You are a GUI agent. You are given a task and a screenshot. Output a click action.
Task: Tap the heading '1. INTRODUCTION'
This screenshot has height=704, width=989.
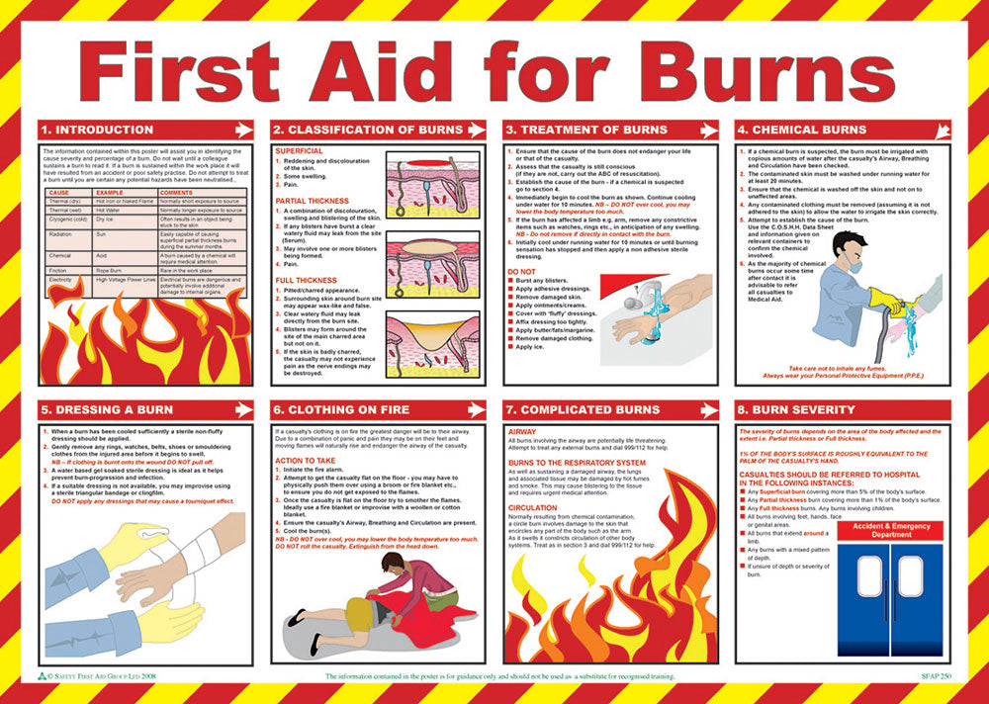97,130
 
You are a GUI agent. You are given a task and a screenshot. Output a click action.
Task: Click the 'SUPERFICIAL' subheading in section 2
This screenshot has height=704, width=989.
300,150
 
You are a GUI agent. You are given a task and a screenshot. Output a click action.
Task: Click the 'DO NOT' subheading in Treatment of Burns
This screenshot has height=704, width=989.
521,270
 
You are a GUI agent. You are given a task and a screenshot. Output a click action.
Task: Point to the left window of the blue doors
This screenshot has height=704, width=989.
869,575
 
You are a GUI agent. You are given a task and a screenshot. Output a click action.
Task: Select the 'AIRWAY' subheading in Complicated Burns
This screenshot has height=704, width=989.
522,432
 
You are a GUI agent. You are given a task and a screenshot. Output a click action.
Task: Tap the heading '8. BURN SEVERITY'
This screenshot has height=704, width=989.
797,409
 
